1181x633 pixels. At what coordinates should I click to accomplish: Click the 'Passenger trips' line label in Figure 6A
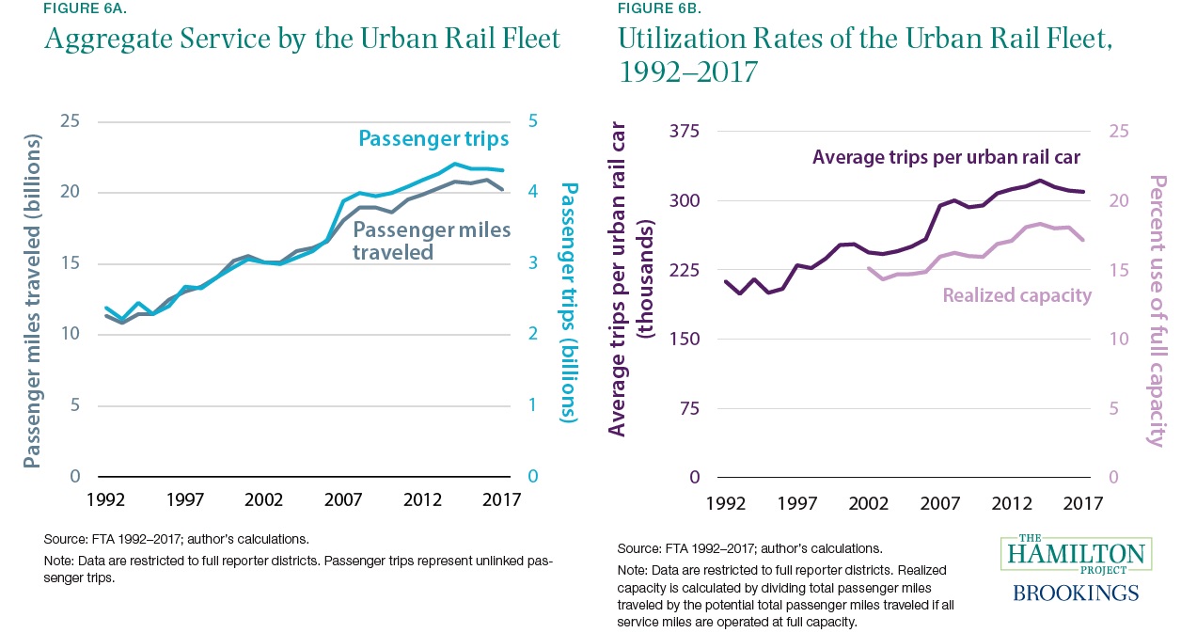(434, 139)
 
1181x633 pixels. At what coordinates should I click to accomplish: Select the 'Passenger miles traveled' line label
(432, 241)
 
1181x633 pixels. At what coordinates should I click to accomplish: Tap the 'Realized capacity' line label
(1017, 295)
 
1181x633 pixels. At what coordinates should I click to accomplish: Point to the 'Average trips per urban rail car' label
(947, 156)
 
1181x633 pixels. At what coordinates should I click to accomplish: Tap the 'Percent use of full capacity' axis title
(1157, 310)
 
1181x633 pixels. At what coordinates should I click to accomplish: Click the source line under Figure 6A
(176, 540)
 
